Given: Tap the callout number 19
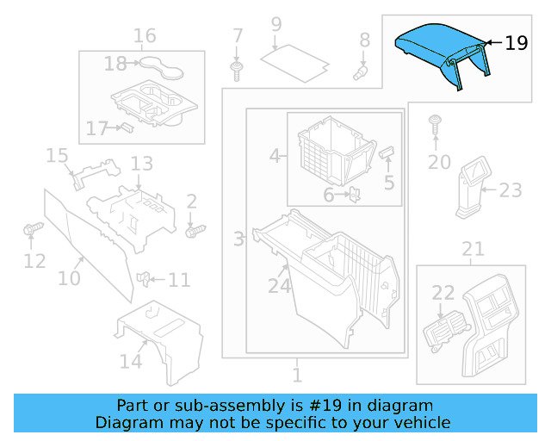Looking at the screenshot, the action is pyautogui.click(x=517, y=42).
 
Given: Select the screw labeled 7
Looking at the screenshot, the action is pyautogui.click(x=237, y=68).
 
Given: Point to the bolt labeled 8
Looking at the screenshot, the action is pyautogui.click(x=362, y=71).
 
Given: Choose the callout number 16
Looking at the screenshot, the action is pyautogui.click(x=145, y=35).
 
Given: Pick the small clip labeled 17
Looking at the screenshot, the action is pyautogui.click(x=125, y=127).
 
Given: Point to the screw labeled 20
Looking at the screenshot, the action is pyautogui.click(x=436, y=122).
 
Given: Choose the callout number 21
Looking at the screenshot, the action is pyautogui.click(x=473, y=250).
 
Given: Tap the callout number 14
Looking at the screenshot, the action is pyautogui.click(x=131, y=361).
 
